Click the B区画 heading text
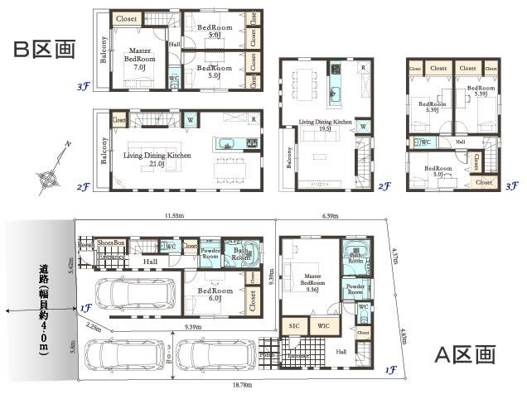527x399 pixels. point(44,50)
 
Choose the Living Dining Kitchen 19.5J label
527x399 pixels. point(326,125)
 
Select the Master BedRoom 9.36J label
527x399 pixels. point(312,281)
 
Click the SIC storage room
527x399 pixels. point(294,326)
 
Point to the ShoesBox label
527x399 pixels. point(111,243)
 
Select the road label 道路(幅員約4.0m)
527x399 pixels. point(43,310)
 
